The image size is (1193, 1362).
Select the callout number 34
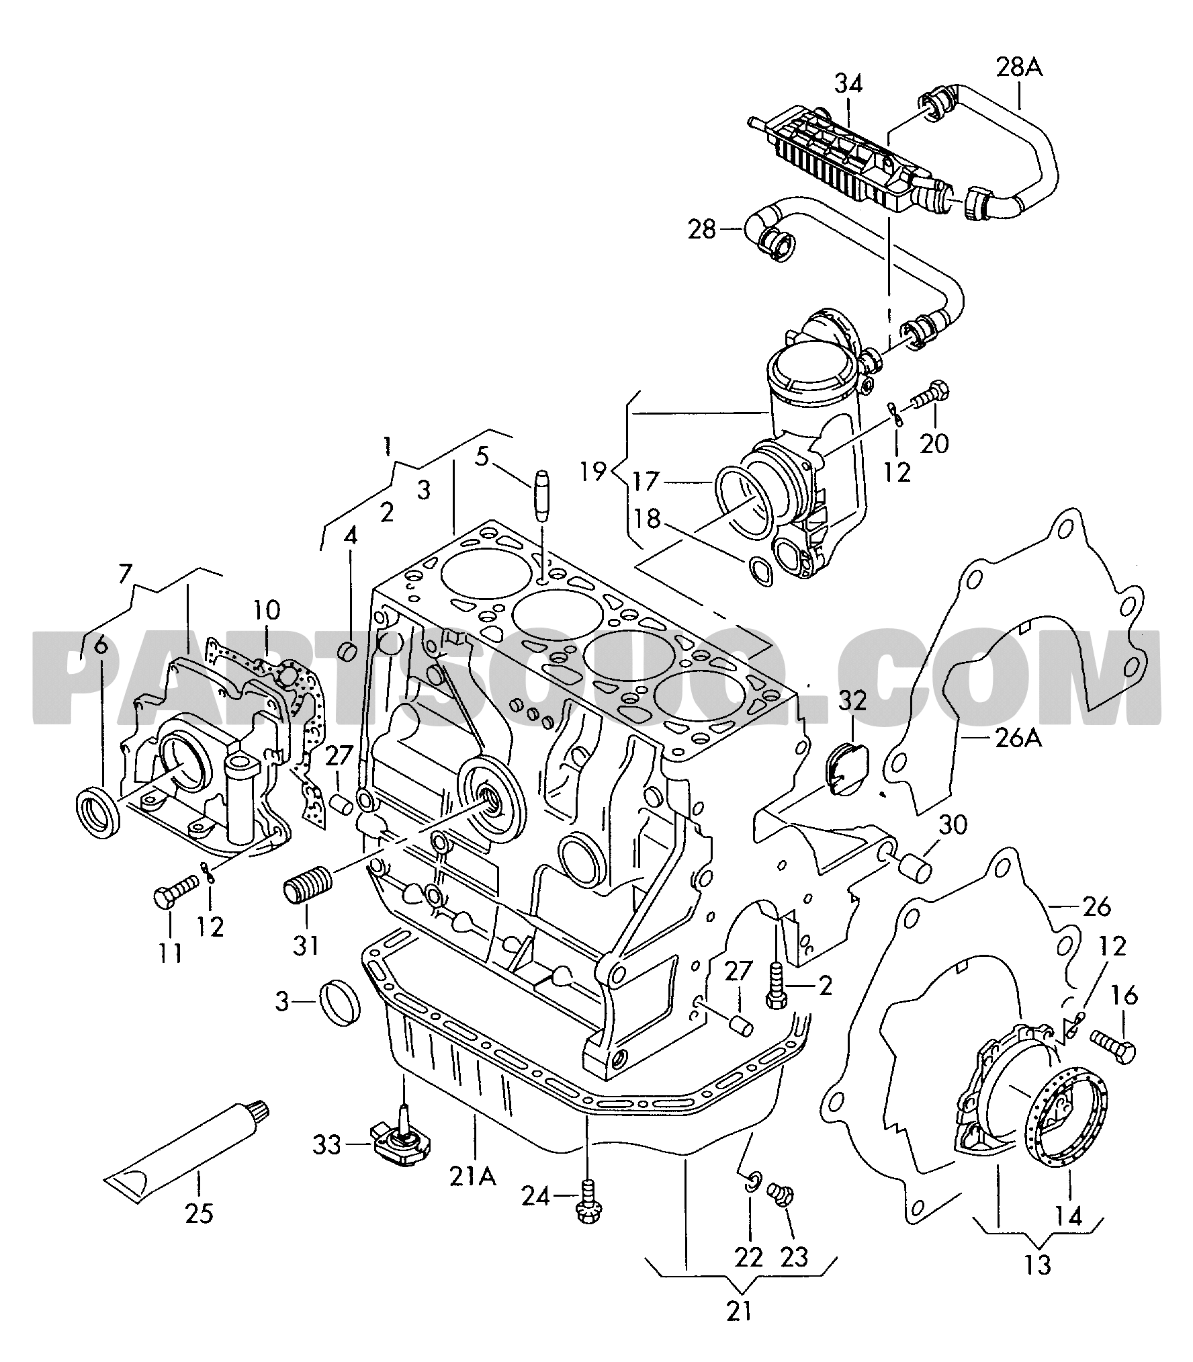click(x=848, y=84)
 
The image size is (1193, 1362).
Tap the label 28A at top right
click(x=1019, y=68)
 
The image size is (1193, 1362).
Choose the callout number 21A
click(x=474, y=1176)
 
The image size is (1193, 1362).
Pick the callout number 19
click(x=593, y=471)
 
